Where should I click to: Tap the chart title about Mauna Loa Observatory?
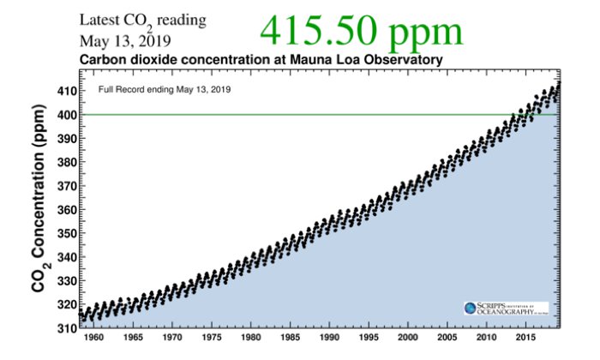pyautogui.click(x=261, y=60)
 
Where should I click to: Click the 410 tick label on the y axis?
pyautogui.click(x=66, y=91)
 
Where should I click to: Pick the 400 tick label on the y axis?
pyautogui.click(x=66, y=115)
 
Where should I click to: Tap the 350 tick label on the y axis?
pyautogui.click(x=66, y=232)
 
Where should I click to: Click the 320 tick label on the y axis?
pyautogui.click(x=66, y=303)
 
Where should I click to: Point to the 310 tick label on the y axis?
pyautogui.click(x=66, y=327)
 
